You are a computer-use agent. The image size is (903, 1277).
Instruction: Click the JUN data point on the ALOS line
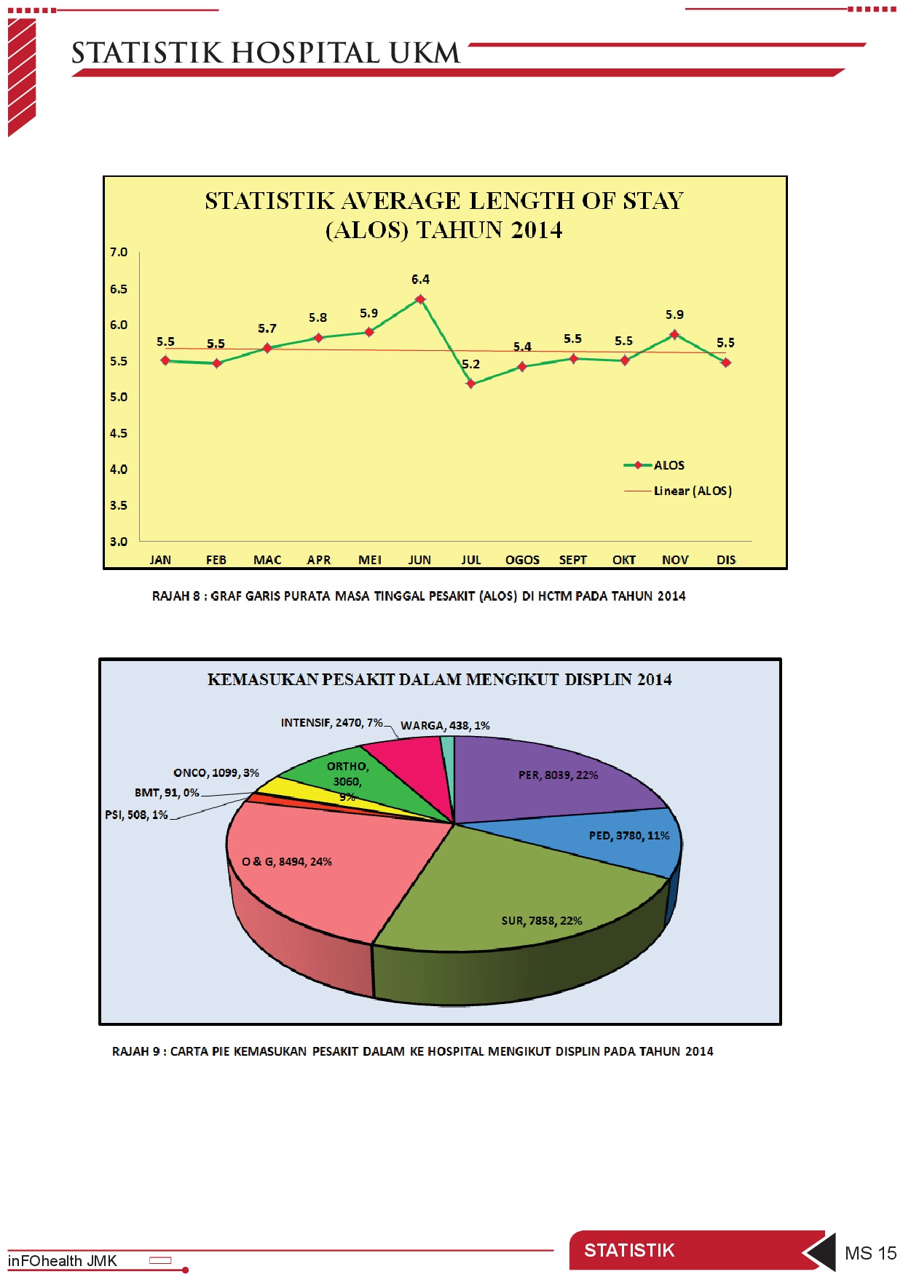[x=420, y=299]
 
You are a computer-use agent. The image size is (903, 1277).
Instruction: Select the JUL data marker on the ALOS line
[x=471, y=384]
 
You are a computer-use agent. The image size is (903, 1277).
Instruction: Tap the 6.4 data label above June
[x=420, y=280]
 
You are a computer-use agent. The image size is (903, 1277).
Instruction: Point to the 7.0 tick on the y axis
[x=119, y=253]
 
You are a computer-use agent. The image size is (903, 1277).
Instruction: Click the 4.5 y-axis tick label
[x=119, y=433]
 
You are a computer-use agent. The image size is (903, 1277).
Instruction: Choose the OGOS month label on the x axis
[x=522, y=560]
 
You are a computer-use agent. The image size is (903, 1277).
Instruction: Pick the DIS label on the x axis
[x=726, y=560]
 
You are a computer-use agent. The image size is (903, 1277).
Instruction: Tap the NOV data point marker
[x=675, y=335]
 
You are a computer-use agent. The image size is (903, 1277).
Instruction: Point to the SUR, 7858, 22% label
[x=542, y=921]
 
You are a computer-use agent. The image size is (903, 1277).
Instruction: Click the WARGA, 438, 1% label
[x=445, y=726]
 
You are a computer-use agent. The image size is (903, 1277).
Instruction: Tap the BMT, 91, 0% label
[x=167, y=793]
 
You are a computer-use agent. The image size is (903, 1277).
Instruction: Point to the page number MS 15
[x=870, y=1253]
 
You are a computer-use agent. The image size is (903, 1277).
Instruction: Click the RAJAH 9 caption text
[x=412, y=1051]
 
